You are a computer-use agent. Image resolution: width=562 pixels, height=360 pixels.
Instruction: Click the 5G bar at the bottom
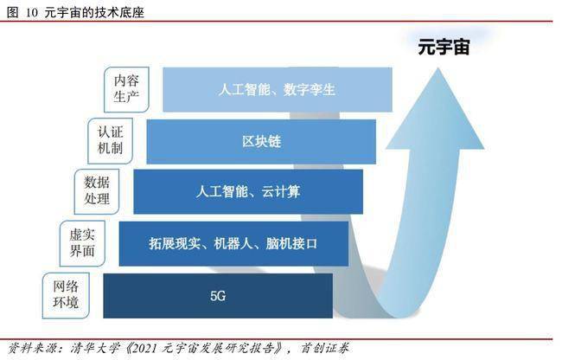tap(218, 296)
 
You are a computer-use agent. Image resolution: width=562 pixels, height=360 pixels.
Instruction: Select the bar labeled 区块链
tap(261, 142)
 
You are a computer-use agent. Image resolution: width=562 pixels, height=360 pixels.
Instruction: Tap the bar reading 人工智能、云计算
tap(248, 192)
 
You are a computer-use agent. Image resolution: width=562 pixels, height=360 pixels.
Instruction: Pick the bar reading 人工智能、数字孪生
tap(278, 90)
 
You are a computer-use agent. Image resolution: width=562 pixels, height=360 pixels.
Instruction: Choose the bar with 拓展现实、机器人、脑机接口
tap(233, 244)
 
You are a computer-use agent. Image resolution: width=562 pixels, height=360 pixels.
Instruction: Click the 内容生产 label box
tap(126, 90)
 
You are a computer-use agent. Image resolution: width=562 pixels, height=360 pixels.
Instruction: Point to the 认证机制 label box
tap(111, 141)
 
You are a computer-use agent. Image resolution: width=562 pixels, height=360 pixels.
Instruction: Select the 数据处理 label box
tap(97, 192)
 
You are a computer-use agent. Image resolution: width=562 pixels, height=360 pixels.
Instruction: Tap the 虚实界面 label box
tap(82, 243)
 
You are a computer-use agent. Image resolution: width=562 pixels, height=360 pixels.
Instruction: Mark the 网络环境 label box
tap(66, 295)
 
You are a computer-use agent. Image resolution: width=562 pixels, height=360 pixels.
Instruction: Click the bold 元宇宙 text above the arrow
tap(444, 47)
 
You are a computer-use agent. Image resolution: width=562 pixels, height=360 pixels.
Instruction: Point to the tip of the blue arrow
tap(438, 67)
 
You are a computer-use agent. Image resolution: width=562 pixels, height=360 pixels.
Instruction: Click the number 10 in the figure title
tap(31, 13)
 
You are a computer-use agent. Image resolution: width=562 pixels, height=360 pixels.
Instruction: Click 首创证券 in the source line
tap(325, 348)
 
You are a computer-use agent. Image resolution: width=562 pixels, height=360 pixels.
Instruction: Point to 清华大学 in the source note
tap(94, 348)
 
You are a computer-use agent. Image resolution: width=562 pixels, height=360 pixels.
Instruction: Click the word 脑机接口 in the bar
tap(291, 244)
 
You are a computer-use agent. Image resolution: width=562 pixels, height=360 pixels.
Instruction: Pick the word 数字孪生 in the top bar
tap(310, 90)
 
